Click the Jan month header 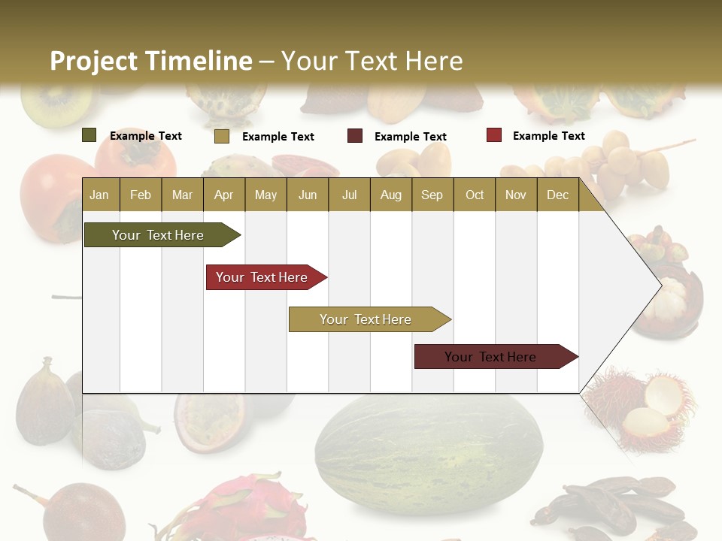[x=99, y=195]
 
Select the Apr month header [x=223, y=195]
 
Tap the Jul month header [x=349, y=195]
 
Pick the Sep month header [x=432, y=195]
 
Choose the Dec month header [x=557, y=195]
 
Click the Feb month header [x=141, y=195]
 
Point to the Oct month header [x=475, y=195]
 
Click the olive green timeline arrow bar [x=158, y=235]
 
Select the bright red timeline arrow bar [x=262, y=277]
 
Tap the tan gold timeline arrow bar [x=366, y=319]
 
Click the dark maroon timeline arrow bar [x=490, y=357]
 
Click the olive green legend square [x=89, y=135]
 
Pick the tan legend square [x=221, y=136]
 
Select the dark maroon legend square [x=354, y=136]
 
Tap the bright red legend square [x=493, y=135]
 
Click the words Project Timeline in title [x=150, y=61]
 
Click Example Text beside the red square [x=548, y=135]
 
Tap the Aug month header [x=390, y=195]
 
